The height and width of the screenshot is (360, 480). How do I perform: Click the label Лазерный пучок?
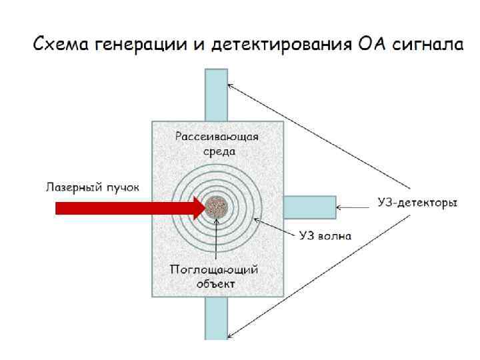point(92,187)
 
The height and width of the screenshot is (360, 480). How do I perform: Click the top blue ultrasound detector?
point(216,94)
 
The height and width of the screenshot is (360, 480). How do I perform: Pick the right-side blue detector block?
point(309,207)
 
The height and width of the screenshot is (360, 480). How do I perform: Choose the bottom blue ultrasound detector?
point(216,318)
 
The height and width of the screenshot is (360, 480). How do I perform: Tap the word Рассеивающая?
point(217,137)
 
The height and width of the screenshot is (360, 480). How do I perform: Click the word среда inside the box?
point(217,152)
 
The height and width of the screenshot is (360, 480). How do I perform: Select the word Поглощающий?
point(214,270)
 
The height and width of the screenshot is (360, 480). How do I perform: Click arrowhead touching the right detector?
point(339,207)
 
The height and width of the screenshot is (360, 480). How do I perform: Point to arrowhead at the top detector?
point(231,85)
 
